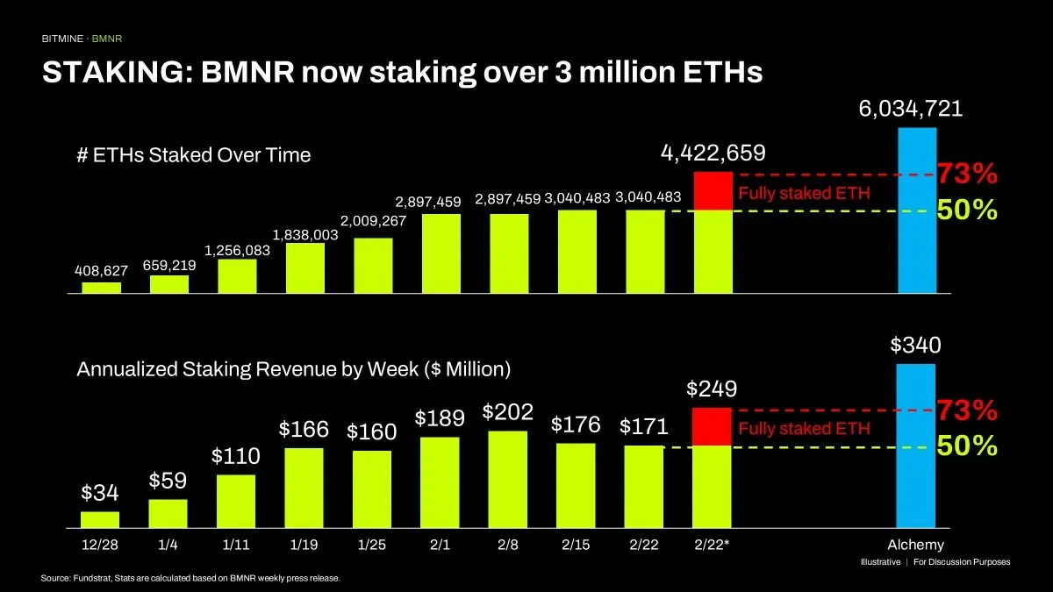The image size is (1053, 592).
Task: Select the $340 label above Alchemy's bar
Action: click(916, 345)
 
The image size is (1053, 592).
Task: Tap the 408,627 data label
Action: click(101, 271)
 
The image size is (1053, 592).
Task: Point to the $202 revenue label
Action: click(507, 411)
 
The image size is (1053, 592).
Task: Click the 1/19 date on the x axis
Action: click(304, 545)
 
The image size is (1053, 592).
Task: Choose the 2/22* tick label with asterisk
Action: click(712, 545)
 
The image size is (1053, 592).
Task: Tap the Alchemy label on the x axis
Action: click(916, 545)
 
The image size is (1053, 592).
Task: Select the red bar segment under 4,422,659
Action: click(712, 191)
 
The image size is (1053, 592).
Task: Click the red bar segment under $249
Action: click(712, 427)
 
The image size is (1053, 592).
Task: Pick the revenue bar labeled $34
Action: click(101, 519)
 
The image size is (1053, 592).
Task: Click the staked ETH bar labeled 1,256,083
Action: click(237, 276)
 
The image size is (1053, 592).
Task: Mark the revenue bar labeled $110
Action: click(237, 501)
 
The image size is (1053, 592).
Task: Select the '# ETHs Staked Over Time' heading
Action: click(194, 155)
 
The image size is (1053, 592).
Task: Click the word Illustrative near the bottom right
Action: click(879, 562)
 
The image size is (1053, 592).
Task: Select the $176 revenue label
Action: click(576, 424)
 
